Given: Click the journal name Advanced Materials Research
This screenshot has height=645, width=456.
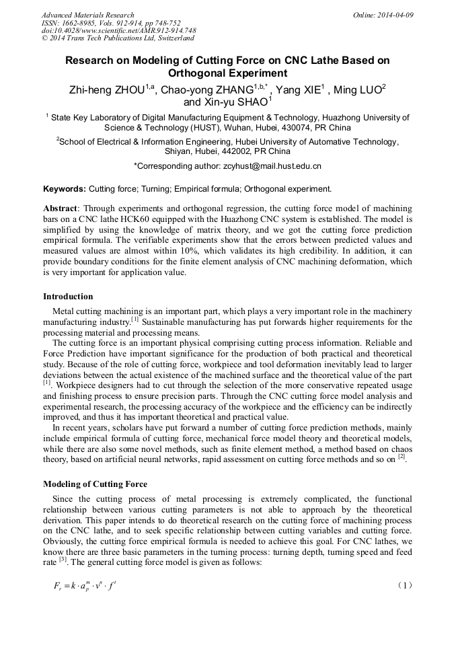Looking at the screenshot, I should (x=87, y=15).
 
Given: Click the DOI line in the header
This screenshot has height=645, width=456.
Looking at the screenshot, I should (x=118, y=30).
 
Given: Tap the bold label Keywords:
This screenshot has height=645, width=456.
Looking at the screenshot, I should (x=65, y=189).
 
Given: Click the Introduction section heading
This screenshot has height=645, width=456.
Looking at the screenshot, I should (x=68, y=297).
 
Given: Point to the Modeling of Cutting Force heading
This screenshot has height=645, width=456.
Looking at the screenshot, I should (x=95, y=484).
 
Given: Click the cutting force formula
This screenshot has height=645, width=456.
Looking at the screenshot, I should (x=85, y=585).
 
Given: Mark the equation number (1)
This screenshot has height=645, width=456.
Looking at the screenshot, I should (x=404, y=585).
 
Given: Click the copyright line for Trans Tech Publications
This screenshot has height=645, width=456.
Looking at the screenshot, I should (x=118, y=38).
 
